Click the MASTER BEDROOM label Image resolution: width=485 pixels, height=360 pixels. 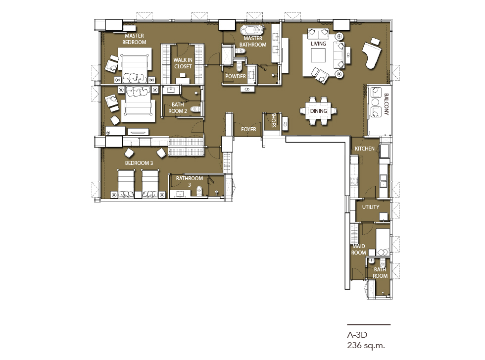coord(134,39)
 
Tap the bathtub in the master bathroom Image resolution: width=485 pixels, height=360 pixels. coord(253,30)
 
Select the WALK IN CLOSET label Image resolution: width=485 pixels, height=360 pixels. coord(183,63)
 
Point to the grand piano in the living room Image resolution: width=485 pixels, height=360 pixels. coord(373,53)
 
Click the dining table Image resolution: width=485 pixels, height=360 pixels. coord(319,111)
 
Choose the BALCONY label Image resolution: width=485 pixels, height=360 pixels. coord(387,104)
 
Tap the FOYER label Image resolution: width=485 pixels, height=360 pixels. coord(248,129)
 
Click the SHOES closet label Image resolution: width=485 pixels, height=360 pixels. coord(273,120)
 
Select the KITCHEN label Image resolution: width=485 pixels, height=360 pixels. coord(365,149)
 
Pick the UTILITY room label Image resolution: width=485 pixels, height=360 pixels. coord(371,207)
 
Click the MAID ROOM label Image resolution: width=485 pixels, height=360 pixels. coord(358,249)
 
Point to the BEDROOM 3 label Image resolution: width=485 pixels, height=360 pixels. coord(139,163)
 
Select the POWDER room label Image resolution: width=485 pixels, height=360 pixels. coord(236,76)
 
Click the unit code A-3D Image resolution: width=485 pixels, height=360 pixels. coord(357,335)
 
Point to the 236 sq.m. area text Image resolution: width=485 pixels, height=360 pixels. coord(366,346)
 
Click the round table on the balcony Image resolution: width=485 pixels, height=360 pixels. coord(376,102)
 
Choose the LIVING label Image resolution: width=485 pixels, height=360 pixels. coord(318,44)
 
